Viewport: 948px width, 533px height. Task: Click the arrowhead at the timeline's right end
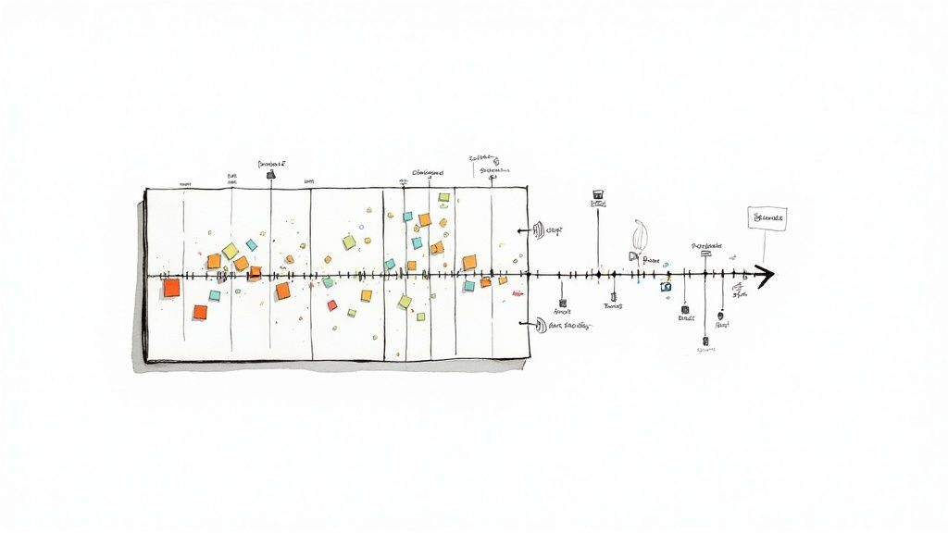[x=765, y=275]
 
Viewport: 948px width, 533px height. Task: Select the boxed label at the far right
[x=767, y=218]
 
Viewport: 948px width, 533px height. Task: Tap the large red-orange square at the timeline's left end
[x=171, y=288]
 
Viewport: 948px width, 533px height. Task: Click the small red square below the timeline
[x=332, y=304]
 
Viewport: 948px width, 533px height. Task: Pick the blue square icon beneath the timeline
[x=666, y=287]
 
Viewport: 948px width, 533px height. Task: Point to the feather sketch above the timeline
[x=639, y=236]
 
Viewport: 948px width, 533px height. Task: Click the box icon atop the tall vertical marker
[x=597, y=195]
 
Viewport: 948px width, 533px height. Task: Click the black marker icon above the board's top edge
[x=270, y=174]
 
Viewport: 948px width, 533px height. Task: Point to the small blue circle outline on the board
[x=362, y=225]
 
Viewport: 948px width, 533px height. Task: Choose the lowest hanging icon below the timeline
[x=705, y=341]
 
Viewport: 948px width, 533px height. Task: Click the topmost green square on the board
[x=444, y=197]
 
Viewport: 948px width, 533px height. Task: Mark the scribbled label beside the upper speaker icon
[x=555, y=230]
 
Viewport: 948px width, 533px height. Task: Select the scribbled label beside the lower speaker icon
[x=569, y=326]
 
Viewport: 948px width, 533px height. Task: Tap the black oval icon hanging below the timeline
[x=720, y=316]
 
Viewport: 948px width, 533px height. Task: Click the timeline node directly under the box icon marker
[x=597, y=275]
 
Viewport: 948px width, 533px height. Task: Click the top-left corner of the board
[x=145, y=190]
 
